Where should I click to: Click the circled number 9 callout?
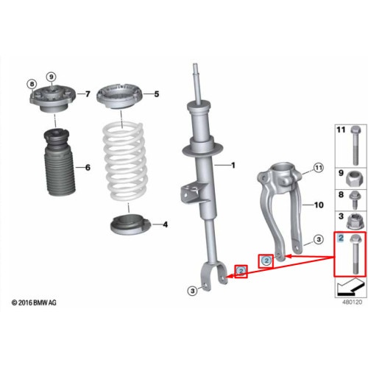[51, 77]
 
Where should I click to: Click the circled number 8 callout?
[32, 84]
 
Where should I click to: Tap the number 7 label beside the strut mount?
[88, 94]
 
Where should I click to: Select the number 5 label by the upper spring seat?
[157, 94]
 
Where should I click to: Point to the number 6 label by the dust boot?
[88, 168]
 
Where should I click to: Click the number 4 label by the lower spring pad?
[166, 224]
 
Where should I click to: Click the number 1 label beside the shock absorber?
[233, 166]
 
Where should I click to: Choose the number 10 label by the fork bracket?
[319, 205]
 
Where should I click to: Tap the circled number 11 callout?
[319, 168]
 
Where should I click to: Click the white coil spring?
[124, 162]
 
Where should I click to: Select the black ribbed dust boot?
[60, 163]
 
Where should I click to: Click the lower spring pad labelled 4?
[130, 224]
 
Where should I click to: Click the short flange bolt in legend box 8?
[353, 200]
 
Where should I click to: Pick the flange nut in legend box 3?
[353, 222]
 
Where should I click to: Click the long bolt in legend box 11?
[355, 146]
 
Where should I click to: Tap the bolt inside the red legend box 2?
[355, 254]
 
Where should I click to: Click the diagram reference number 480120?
[352, 302]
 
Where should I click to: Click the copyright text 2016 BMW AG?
[34, 302]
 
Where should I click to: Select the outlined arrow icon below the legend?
[350, 289]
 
